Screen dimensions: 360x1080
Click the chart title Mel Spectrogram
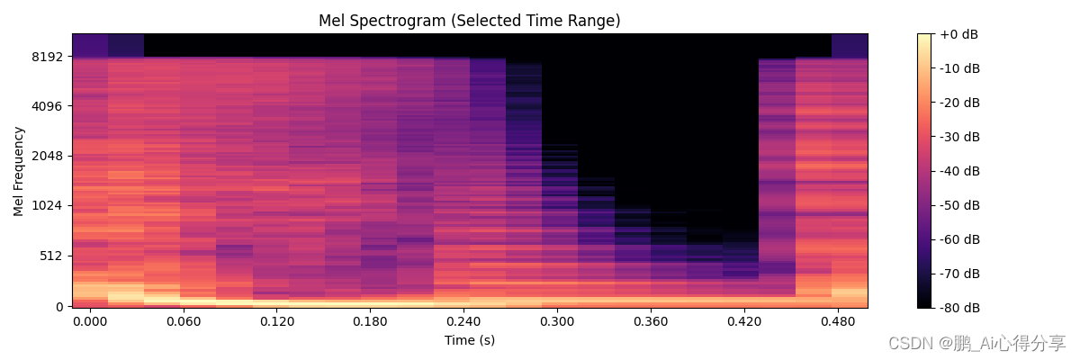click(x=469, y=21)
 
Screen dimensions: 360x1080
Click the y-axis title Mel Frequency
click(x=19, y=171)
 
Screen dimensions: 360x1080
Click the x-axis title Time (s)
click(x=469, y=340)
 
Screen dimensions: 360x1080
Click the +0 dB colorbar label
click(x=958, y=34)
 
